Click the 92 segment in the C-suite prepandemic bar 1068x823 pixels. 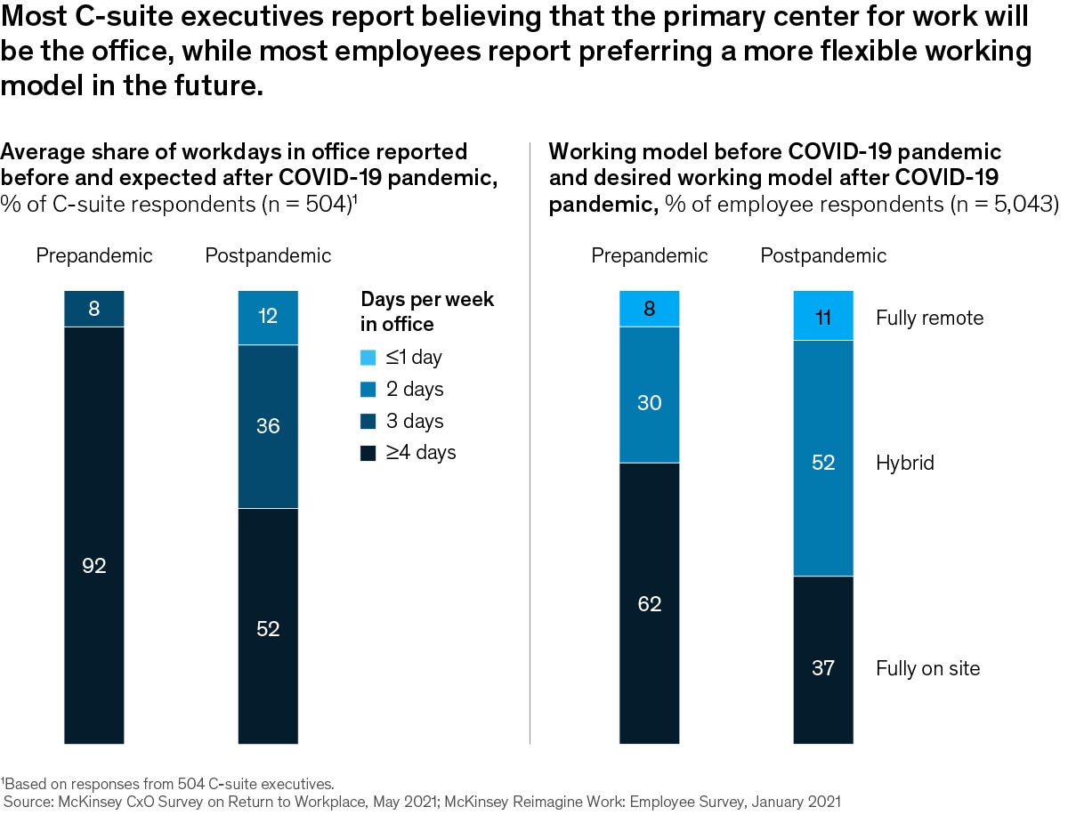tap(93, 535)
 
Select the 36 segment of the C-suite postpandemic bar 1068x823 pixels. tap(268, 426)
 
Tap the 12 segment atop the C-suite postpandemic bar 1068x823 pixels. tap(268, 317)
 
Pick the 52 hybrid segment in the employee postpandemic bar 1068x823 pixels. tap(823, 458)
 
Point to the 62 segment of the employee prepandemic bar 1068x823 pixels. tap(650, 602)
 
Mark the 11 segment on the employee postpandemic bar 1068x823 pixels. tap(823, 316)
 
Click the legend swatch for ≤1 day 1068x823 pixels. tap(368, 358)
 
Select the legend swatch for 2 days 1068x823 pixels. tap(368, 390)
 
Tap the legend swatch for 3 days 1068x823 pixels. tap(368, 422)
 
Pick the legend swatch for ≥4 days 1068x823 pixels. tap(368, 454)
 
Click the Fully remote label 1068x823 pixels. tap(929, 318)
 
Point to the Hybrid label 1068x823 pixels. tap(905, 463)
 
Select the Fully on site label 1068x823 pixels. tap(927, 668)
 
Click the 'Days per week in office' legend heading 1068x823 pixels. tap(426, 311)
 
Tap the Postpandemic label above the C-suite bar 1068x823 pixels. tap(268, 256)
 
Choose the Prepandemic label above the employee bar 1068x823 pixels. tap(650, 256)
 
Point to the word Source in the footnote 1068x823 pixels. tap(28, 802)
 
